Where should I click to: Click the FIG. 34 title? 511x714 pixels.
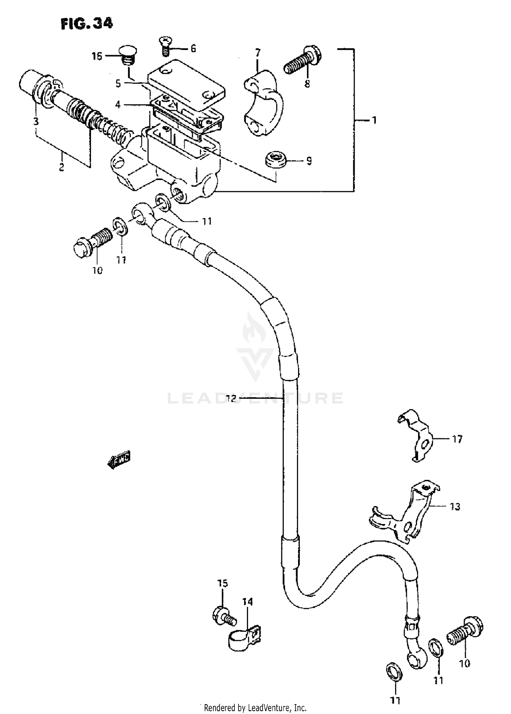[87, 24]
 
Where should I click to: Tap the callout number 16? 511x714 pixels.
[97, 56]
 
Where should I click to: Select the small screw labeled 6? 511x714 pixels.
[165, 47]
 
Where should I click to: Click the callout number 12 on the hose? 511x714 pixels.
[231, 399]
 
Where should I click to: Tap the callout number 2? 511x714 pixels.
[61, 167]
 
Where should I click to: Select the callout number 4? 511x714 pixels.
[118, 104]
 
